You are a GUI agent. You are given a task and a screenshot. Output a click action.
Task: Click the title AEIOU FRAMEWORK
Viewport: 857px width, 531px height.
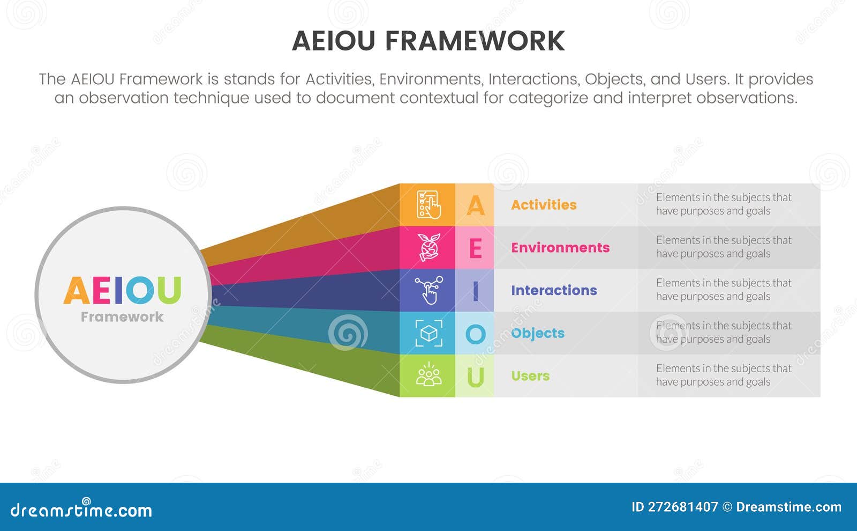coord(428,41)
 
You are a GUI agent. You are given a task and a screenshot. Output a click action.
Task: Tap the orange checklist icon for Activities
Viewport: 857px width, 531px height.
coord(428,205)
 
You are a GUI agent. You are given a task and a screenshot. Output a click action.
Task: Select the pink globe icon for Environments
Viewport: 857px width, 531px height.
coord(428,247)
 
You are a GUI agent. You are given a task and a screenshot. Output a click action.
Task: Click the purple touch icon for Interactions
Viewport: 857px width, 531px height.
coord(428,290)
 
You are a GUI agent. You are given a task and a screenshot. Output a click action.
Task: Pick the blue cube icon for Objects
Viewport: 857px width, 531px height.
coord(428,333)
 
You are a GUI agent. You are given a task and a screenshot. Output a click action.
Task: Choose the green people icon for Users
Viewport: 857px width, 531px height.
coord(428,375)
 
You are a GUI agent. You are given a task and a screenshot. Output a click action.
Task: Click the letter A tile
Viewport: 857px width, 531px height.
coord(475,205)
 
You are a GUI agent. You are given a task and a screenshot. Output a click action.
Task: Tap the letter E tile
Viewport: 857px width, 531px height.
coord(475,248)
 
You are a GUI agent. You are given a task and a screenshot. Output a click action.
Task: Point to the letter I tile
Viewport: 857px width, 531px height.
coord(475,291)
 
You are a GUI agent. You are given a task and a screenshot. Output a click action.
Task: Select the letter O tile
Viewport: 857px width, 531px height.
coord(475,334)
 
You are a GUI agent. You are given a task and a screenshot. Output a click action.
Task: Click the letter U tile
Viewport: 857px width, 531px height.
coord(475,376)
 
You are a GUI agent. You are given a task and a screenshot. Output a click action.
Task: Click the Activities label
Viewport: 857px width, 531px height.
coord(544,205)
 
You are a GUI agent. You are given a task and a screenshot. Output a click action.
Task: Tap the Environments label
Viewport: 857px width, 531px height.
coord(560,248)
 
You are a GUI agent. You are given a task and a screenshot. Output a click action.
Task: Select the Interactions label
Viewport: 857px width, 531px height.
coord(553,291)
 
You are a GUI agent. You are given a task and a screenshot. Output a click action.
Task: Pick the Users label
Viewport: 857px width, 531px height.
coord(530,376)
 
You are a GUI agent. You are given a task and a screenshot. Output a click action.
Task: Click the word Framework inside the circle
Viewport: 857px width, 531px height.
coord(122,317)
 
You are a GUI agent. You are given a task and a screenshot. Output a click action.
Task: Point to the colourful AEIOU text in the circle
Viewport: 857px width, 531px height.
coord(122,290)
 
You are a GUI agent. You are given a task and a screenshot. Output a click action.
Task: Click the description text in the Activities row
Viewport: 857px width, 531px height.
coord(723,204)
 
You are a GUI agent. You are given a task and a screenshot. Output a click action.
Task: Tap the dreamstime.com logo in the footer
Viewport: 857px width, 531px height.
coord(81,509)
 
